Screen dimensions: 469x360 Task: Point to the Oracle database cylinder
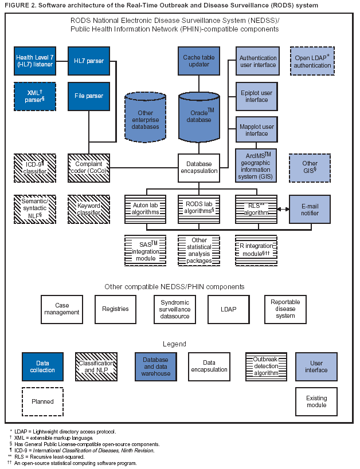[199, 117]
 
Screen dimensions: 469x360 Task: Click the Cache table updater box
[199, 61]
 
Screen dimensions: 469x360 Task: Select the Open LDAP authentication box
[312, 61]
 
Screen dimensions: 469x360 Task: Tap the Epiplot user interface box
[257, 96]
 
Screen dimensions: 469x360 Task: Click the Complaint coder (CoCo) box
[88, 167]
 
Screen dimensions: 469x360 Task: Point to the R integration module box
[256, 250]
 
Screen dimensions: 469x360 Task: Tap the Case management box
[61, 309]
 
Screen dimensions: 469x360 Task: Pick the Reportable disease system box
[285, 309]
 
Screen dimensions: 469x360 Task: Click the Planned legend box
[42, 402]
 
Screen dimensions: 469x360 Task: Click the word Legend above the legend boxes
[174, 344]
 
